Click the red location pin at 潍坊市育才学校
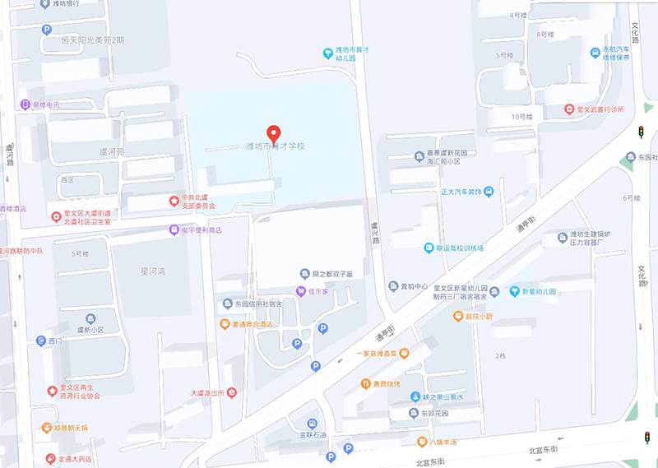[x=274, y=132]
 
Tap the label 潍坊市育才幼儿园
[x=354, y=54]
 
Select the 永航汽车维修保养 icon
[x=596, y=53]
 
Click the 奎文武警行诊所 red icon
[x=569, y=109]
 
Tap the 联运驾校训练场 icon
[x=429, y=248]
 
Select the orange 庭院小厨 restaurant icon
[x=458, y=316]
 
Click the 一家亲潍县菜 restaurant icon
[x=403, y=353]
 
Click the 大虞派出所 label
[x=207, y=393]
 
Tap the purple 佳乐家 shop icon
[x=301, y=292]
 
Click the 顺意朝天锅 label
[x=71, y=428]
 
